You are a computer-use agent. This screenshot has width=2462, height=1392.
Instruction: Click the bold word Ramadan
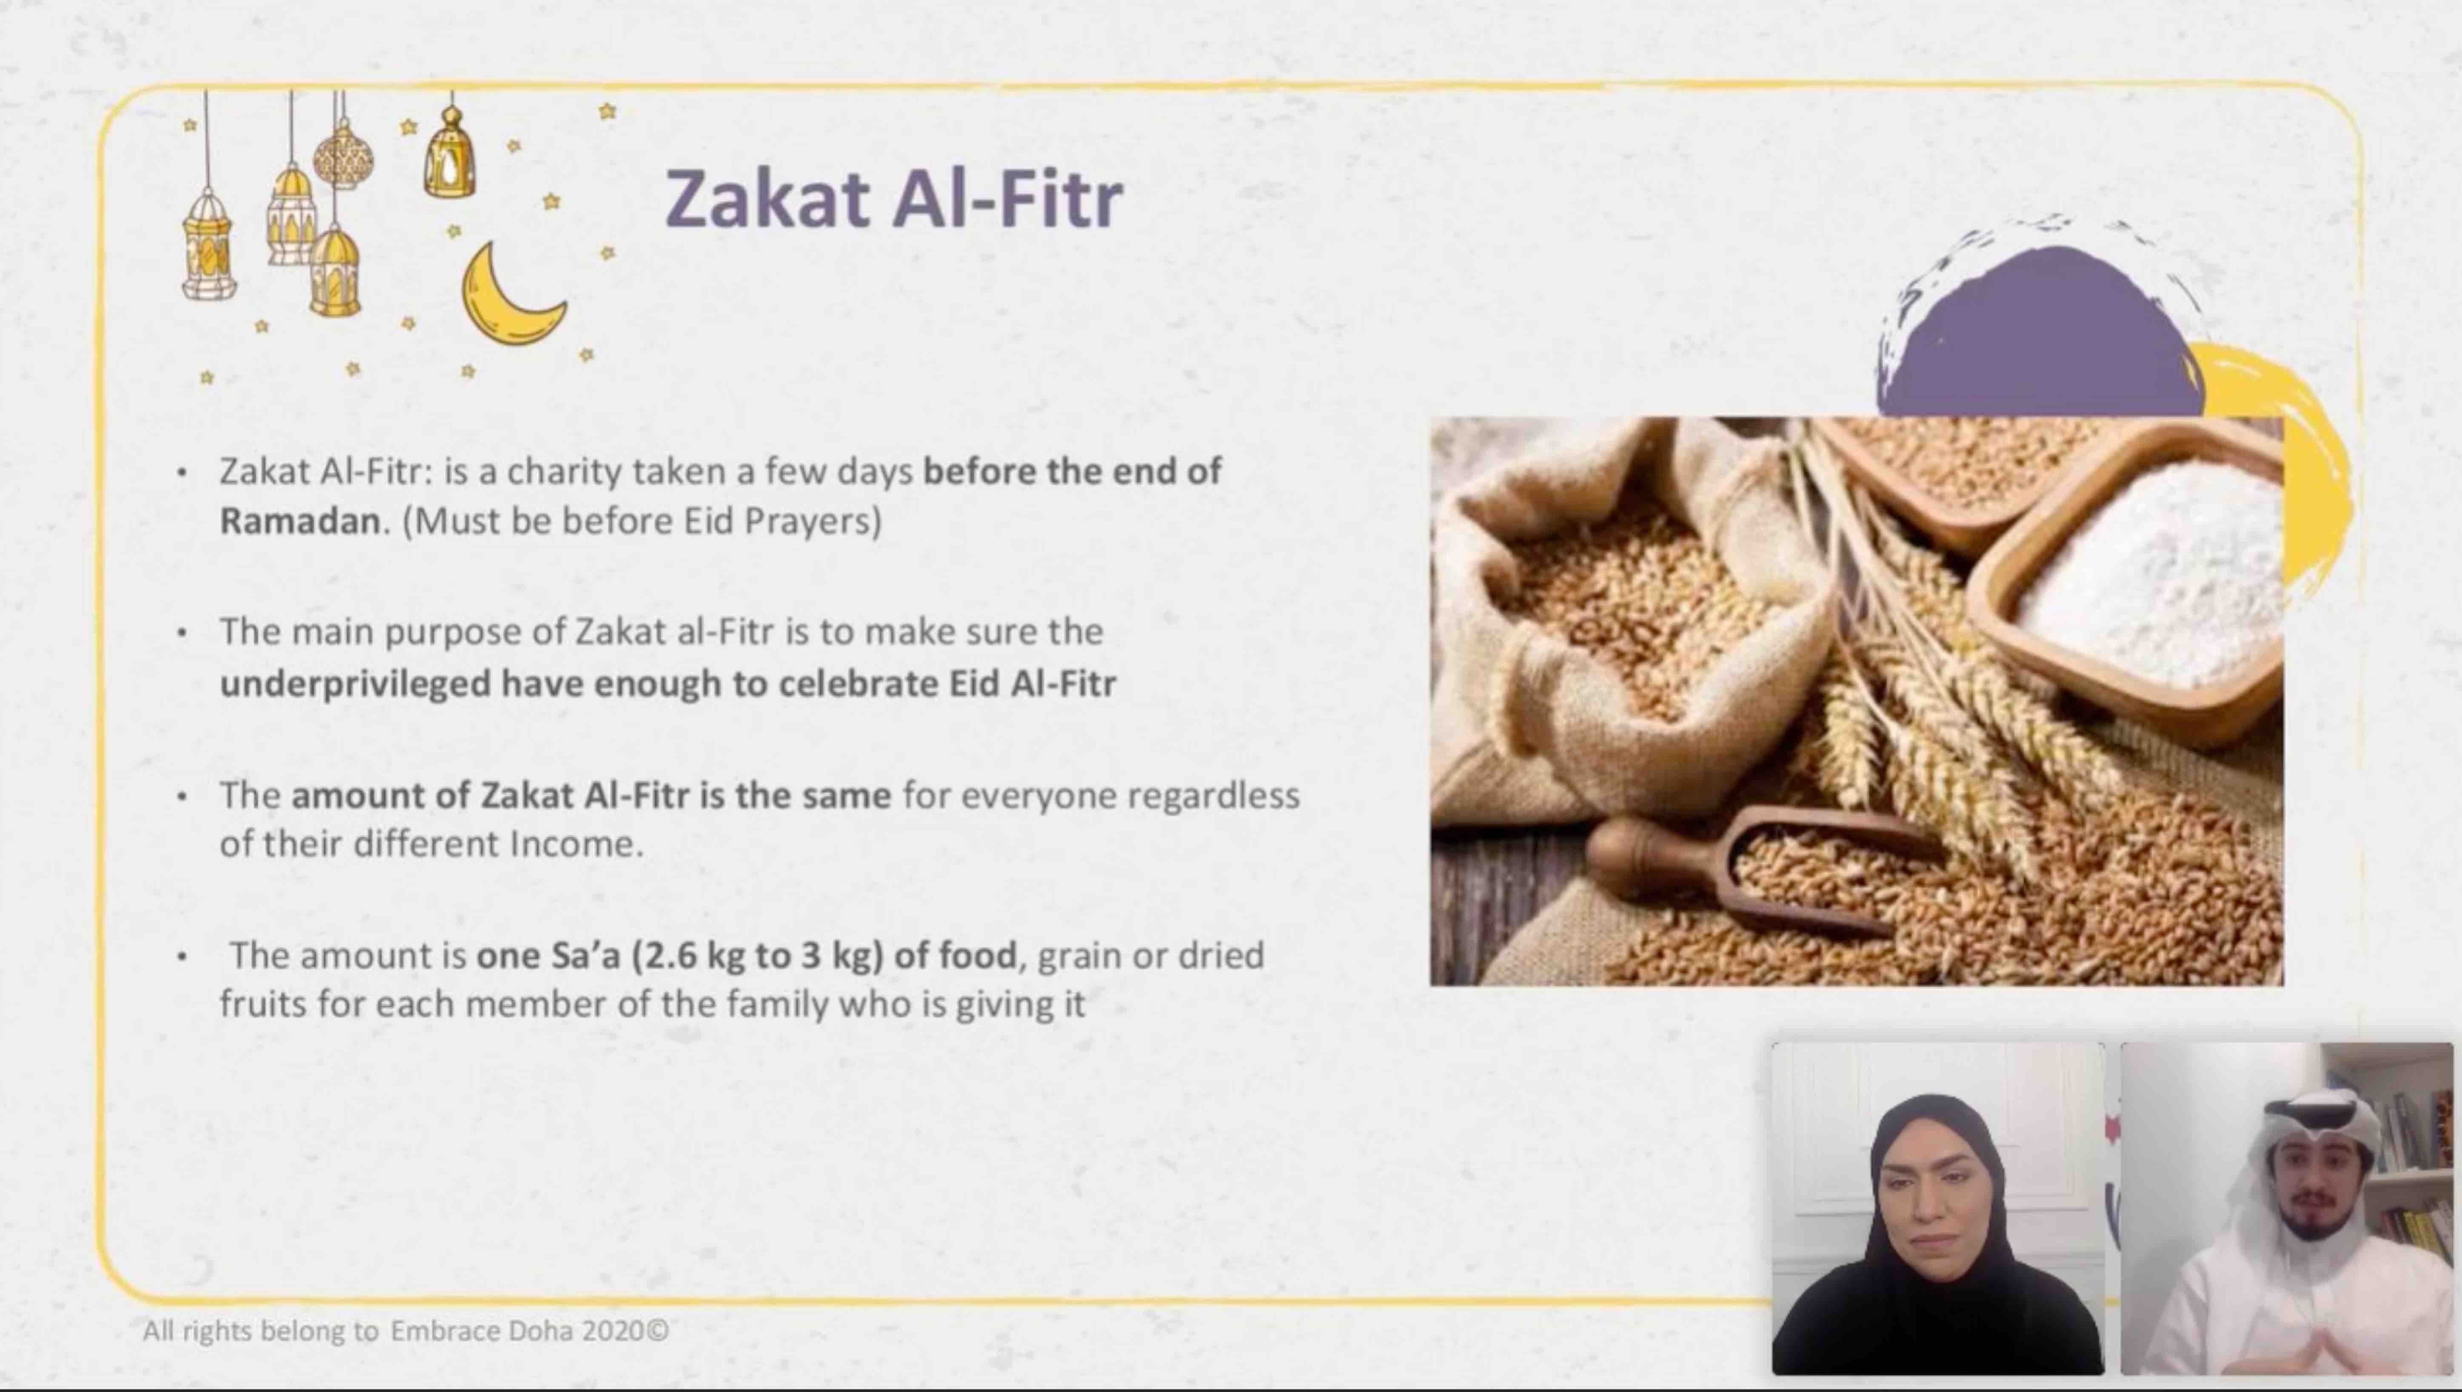coord(299,521)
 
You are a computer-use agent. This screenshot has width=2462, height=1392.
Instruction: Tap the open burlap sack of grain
coord(1625,612)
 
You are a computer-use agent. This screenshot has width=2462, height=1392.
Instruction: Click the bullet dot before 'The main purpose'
coord(182,633)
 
